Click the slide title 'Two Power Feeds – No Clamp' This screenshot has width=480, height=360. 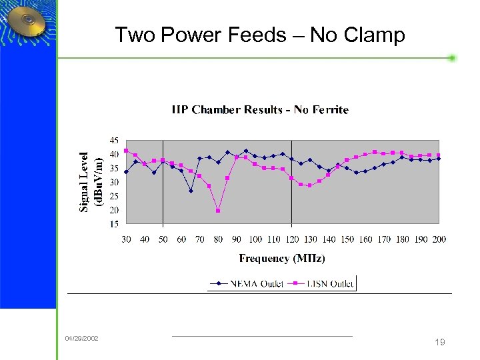[x=259, y=35]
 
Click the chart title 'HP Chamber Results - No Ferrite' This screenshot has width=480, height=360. [x=260, y=110]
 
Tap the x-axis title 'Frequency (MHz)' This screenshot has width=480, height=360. [x=282, y=258]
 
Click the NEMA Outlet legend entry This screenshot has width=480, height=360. [x=245, y=283]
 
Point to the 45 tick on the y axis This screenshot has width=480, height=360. [x=114, y=141]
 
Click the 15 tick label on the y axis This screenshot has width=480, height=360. [x=114, y=224]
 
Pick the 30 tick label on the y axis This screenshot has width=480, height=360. [x=114, y=182]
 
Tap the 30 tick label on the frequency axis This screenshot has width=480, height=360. [x=126, y=239]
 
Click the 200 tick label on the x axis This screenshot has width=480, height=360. [x=439, y=239]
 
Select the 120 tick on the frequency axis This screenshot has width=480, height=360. [x=292, y=239]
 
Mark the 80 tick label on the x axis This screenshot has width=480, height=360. [x=218, y=239]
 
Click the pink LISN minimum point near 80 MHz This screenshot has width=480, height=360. [x=218, y=211]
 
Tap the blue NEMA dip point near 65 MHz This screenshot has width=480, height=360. [x=191, y=191]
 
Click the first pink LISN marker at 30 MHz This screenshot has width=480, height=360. [x=126, y=150]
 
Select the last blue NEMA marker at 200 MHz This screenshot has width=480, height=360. [x=439, y=159]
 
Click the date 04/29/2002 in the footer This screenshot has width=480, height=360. [x=81, y=339]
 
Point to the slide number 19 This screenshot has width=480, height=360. [x=439, y=342]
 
